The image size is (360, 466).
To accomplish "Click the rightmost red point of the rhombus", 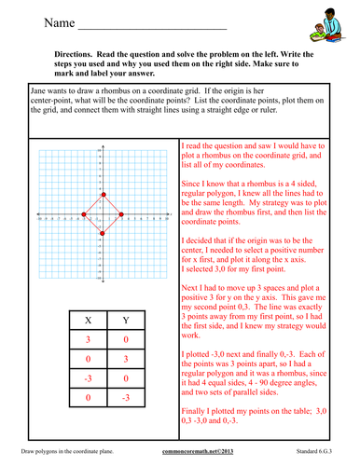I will click(x=123, y=215).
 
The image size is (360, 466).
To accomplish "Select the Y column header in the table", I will click(x=128, y=324).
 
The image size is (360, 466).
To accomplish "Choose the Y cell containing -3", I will click(x=128, y=404).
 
